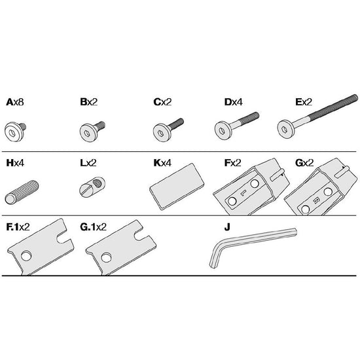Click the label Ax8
click(15, 102)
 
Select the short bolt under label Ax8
click(15, 131)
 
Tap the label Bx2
click(89, 102)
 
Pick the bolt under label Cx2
click(168, 130)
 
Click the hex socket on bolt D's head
click(222, 131)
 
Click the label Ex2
click(304, 102)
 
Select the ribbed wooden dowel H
click(22, 192)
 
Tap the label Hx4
click(15, 163)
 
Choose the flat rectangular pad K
click(177, 187)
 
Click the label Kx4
click(162, 163)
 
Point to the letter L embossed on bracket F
click(243, 193)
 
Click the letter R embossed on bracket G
click(316, 201)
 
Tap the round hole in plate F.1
click(26, 256)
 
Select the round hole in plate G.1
click(106, 258)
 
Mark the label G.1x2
click(93, 227)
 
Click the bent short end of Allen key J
click(215, 255)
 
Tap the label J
click(227, 227)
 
